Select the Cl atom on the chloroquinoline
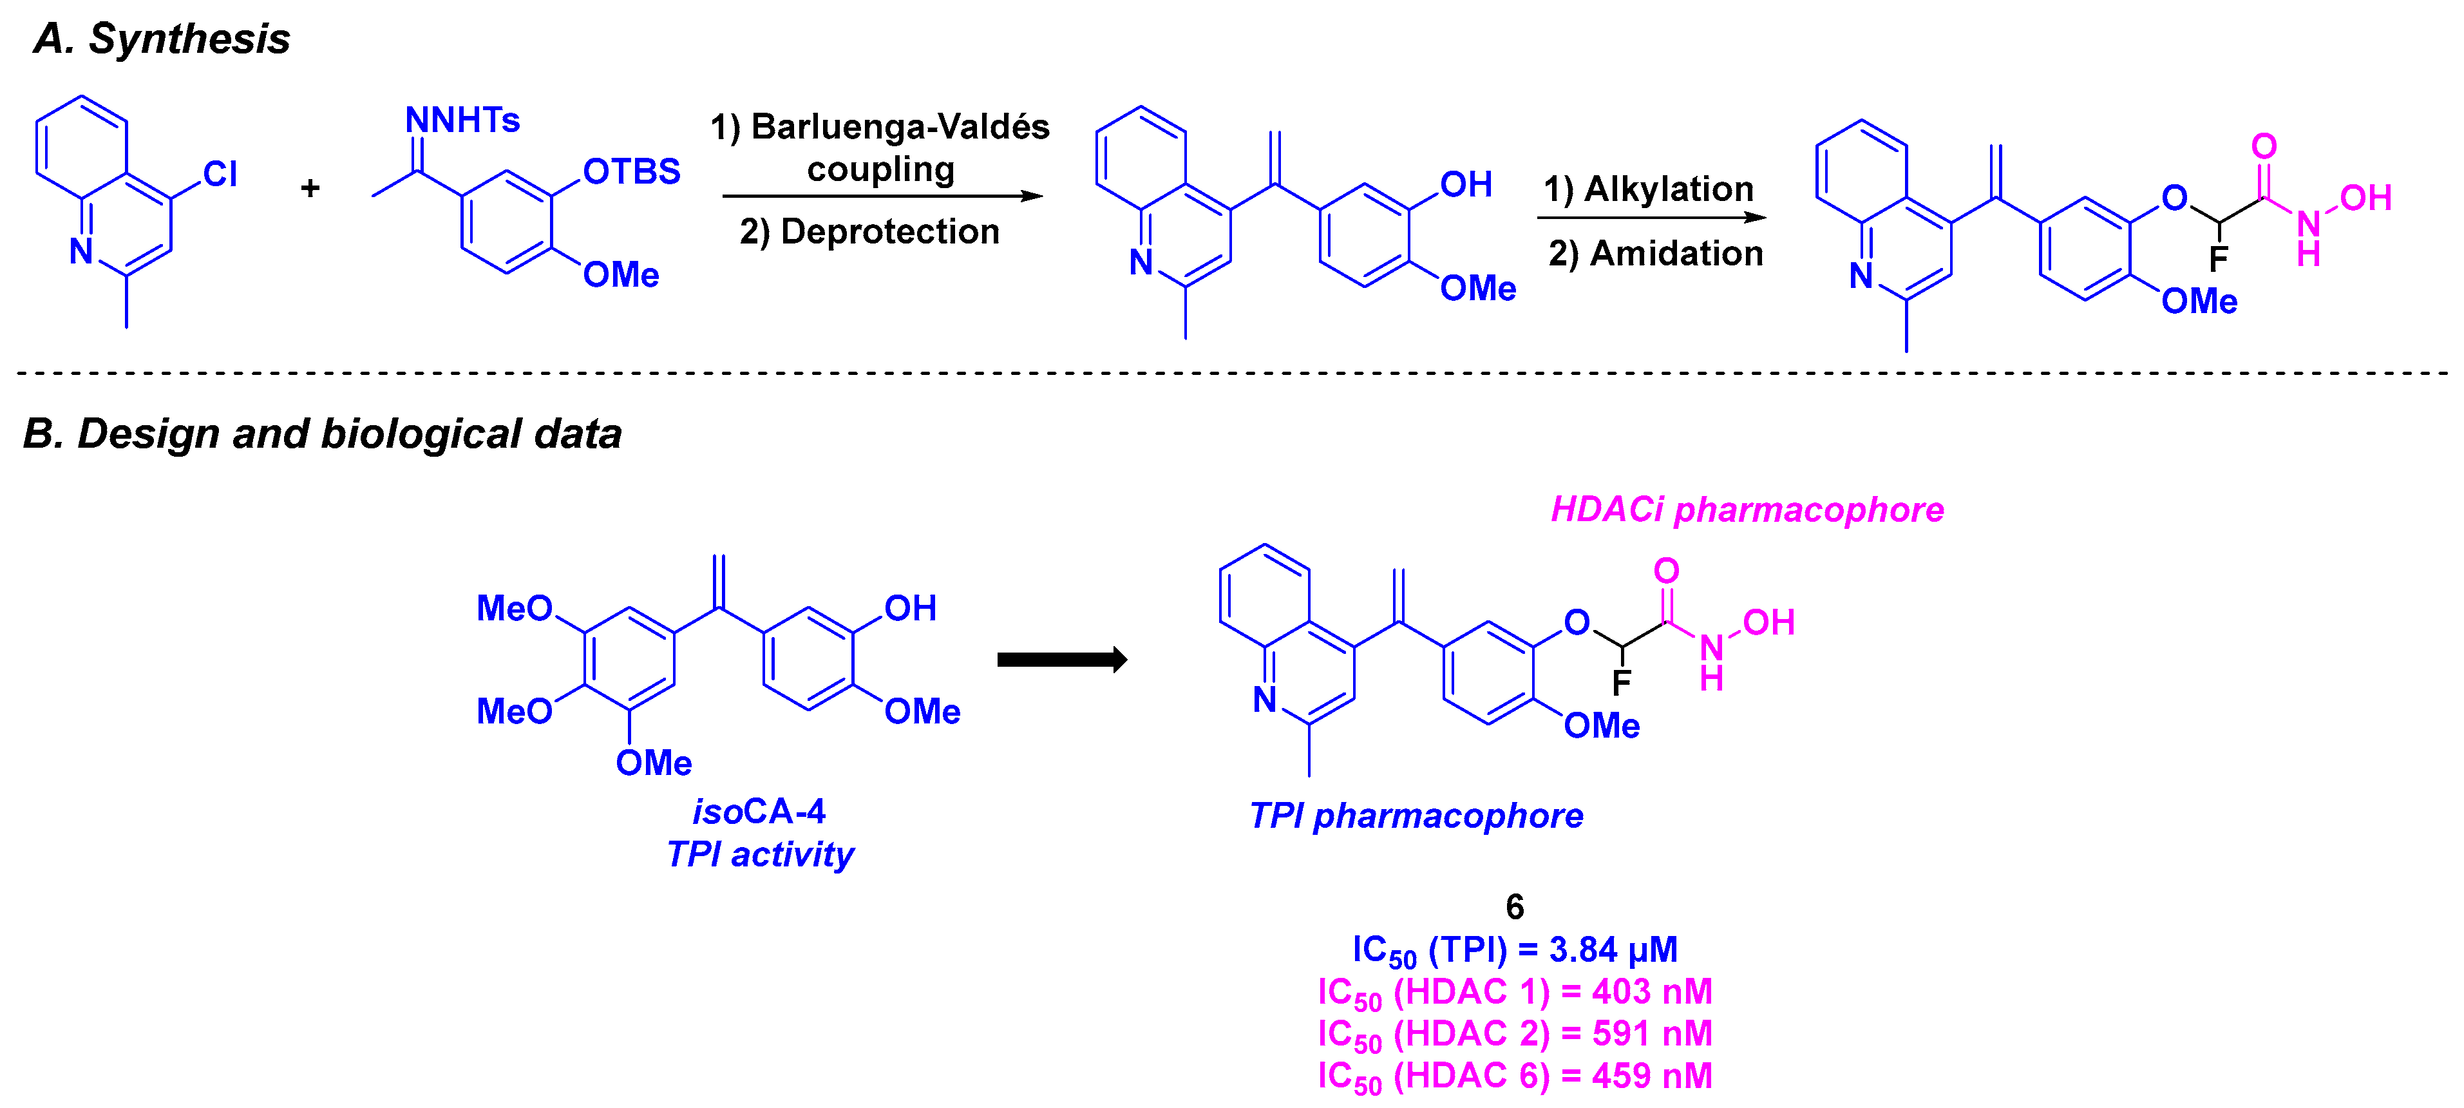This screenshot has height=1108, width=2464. (x=220, y=174)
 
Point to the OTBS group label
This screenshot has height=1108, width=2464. (x=631, y=172)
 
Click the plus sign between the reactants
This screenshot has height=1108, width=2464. (x=310, y=187)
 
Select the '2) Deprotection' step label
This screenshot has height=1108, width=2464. (x=869, y=231)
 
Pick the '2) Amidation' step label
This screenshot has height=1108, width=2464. (x=1654, y=254)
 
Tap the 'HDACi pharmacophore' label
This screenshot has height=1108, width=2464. (x=1747, y=510)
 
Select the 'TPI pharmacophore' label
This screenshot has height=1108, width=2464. (x=1416, y=816)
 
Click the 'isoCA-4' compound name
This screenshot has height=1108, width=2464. (x=759, y=812)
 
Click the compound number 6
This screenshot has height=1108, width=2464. (x=1514, y=906)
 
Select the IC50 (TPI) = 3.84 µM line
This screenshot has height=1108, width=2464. (x=1514, y=950)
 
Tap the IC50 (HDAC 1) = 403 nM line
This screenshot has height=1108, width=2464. (x=1514, y=992)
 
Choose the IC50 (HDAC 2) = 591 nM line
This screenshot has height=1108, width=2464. (x=1514, y=1035)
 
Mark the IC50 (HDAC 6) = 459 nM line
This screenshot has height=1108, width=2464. (x=1514, y=1076)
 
